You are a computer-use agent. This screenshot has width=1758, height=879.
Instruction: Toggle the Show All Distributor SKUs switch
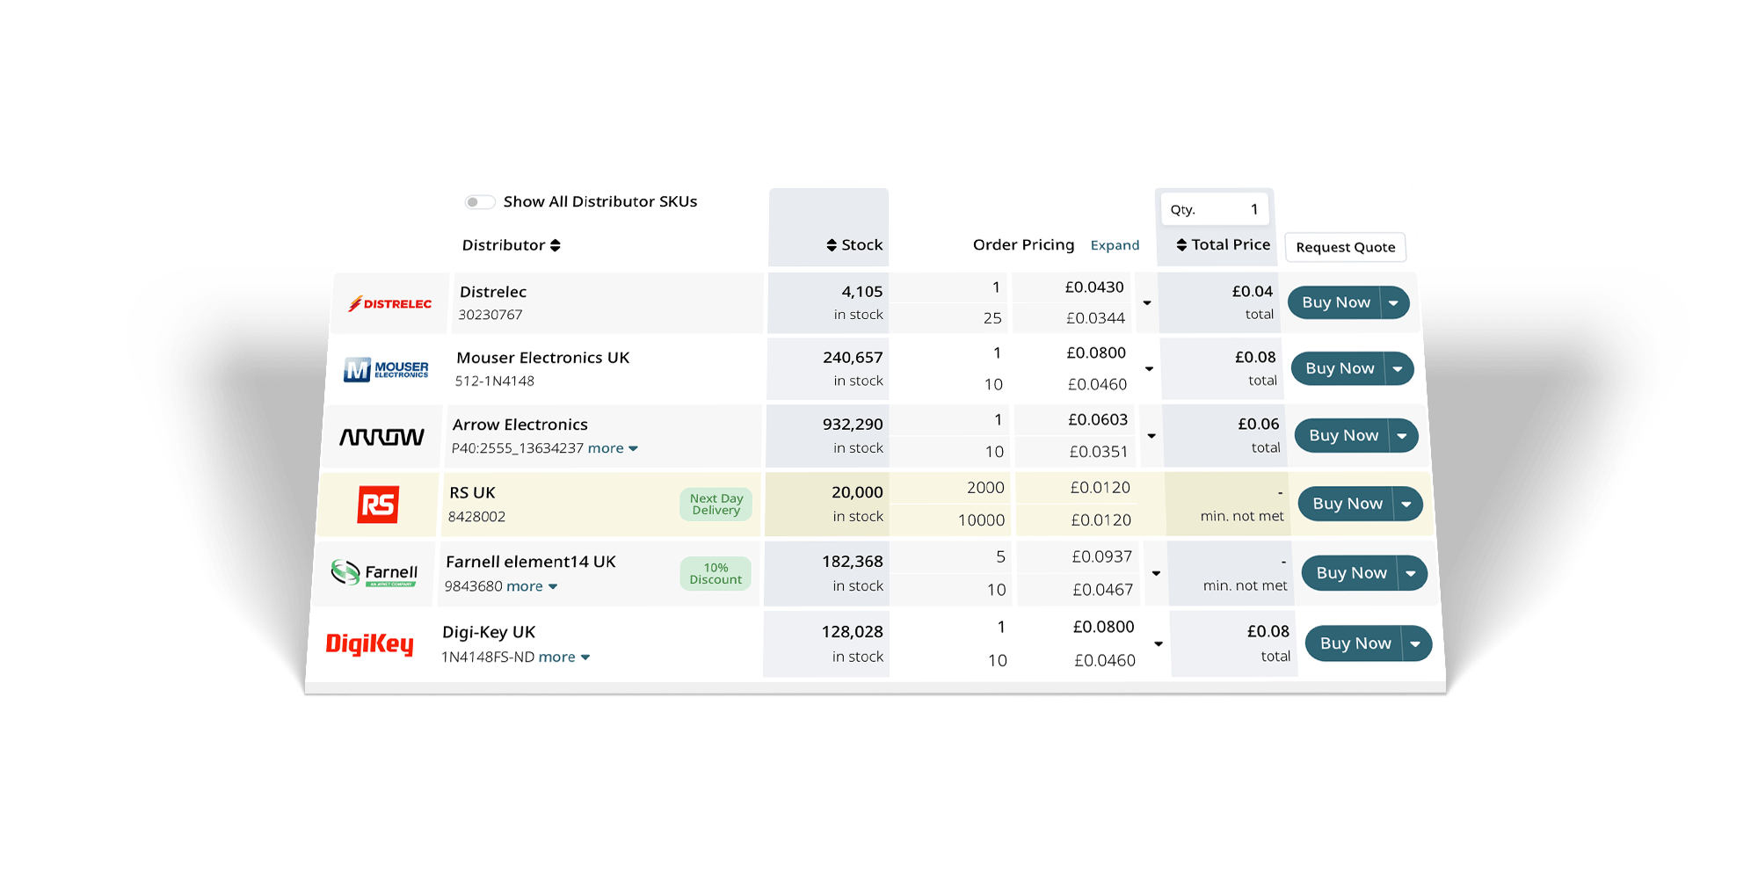480,202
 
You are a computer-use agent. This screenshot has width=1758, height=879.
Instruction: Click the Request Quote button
1345,247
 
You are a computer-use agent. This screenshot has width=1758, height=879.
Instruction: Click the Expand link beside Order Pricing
1115,245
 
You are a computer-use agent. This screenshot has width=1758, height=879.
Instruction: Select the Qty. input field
1215,209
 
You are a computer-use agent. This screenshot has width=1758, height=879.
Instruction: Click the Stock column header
854,245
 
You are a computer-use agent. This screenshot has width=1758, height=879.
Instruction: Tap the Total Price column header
1224,244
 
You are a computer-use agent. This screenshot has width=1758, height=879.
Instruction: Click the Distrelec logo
390,304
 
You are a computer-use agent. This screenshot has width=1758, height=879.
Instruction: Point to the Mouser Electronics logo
386,369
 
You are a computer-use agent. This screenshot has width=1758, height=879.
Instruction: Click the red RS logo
379,505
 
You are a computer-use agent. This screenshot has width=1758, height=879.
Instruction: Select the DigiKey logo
370,644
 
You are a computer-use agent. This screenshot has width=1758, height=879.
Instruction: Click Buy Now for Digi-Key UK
1355,643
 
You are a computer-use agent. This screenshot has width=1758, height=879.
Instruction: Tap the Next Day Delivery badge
716,505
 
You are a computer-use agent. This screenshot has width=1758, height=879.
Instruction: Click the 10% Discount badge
716,573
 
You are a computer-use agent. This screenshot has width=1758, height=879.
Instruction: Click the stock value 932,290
853,424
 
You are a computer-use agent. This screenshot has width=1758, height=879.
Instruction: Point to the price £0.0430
1094,287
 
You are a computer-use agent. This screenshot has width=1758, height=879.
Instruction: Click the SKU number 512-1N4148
494,381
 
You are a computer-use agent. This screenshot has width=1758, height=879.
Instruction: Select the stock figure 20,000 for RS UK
857,492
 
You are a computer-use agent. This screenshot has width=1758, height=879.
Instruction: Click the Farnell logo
374,573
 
